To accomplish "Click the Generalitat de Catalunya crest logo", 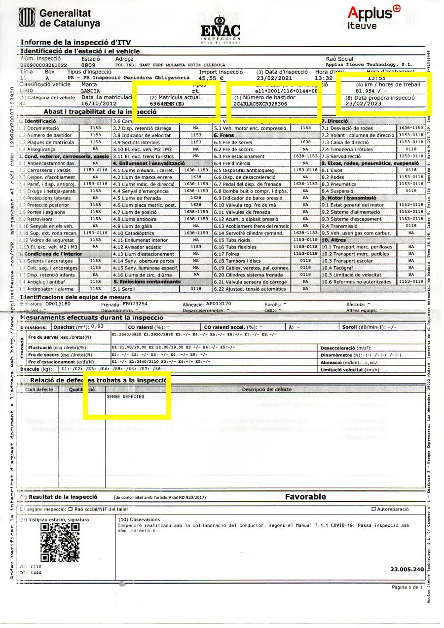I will [27, 18].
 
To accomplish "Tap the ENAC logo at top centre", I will [221, 28].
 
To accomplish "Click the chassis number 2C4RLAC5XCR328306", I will [260, 104].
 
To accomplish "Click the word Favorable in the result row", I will [305, 497].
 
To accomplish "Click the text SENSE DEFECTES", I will [126, 396].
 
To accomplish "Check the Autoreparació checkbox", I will [373, 509].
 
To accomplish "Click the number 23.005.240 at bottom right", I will [407, 569].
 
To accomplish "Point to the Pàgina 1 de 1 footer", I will [407, 588].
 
